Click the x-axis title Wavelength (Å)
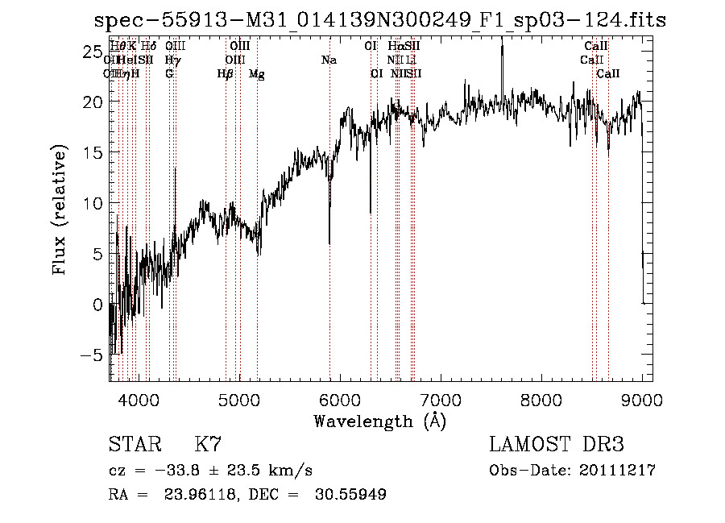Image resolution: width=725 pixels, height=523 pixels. (x=379, y=421)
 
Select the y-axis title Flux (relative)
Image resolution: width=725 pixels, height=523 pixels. (x=60, y=211)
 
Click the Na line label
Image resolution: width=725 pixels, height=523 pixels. (x=329, y=60)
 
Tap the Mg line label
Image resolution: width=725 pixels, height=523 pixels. (x=257, y=74)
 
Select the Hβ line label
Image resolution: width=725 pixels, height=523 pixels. (x=226, y=74)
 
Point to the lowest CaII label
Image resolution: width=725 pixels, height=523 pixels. (x=608, y=74)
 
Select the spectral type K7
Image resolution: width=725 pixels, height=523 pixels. (x=208, y=445)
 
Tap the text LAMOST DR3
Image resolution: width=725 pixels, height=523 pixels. (x=557, y=445)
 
